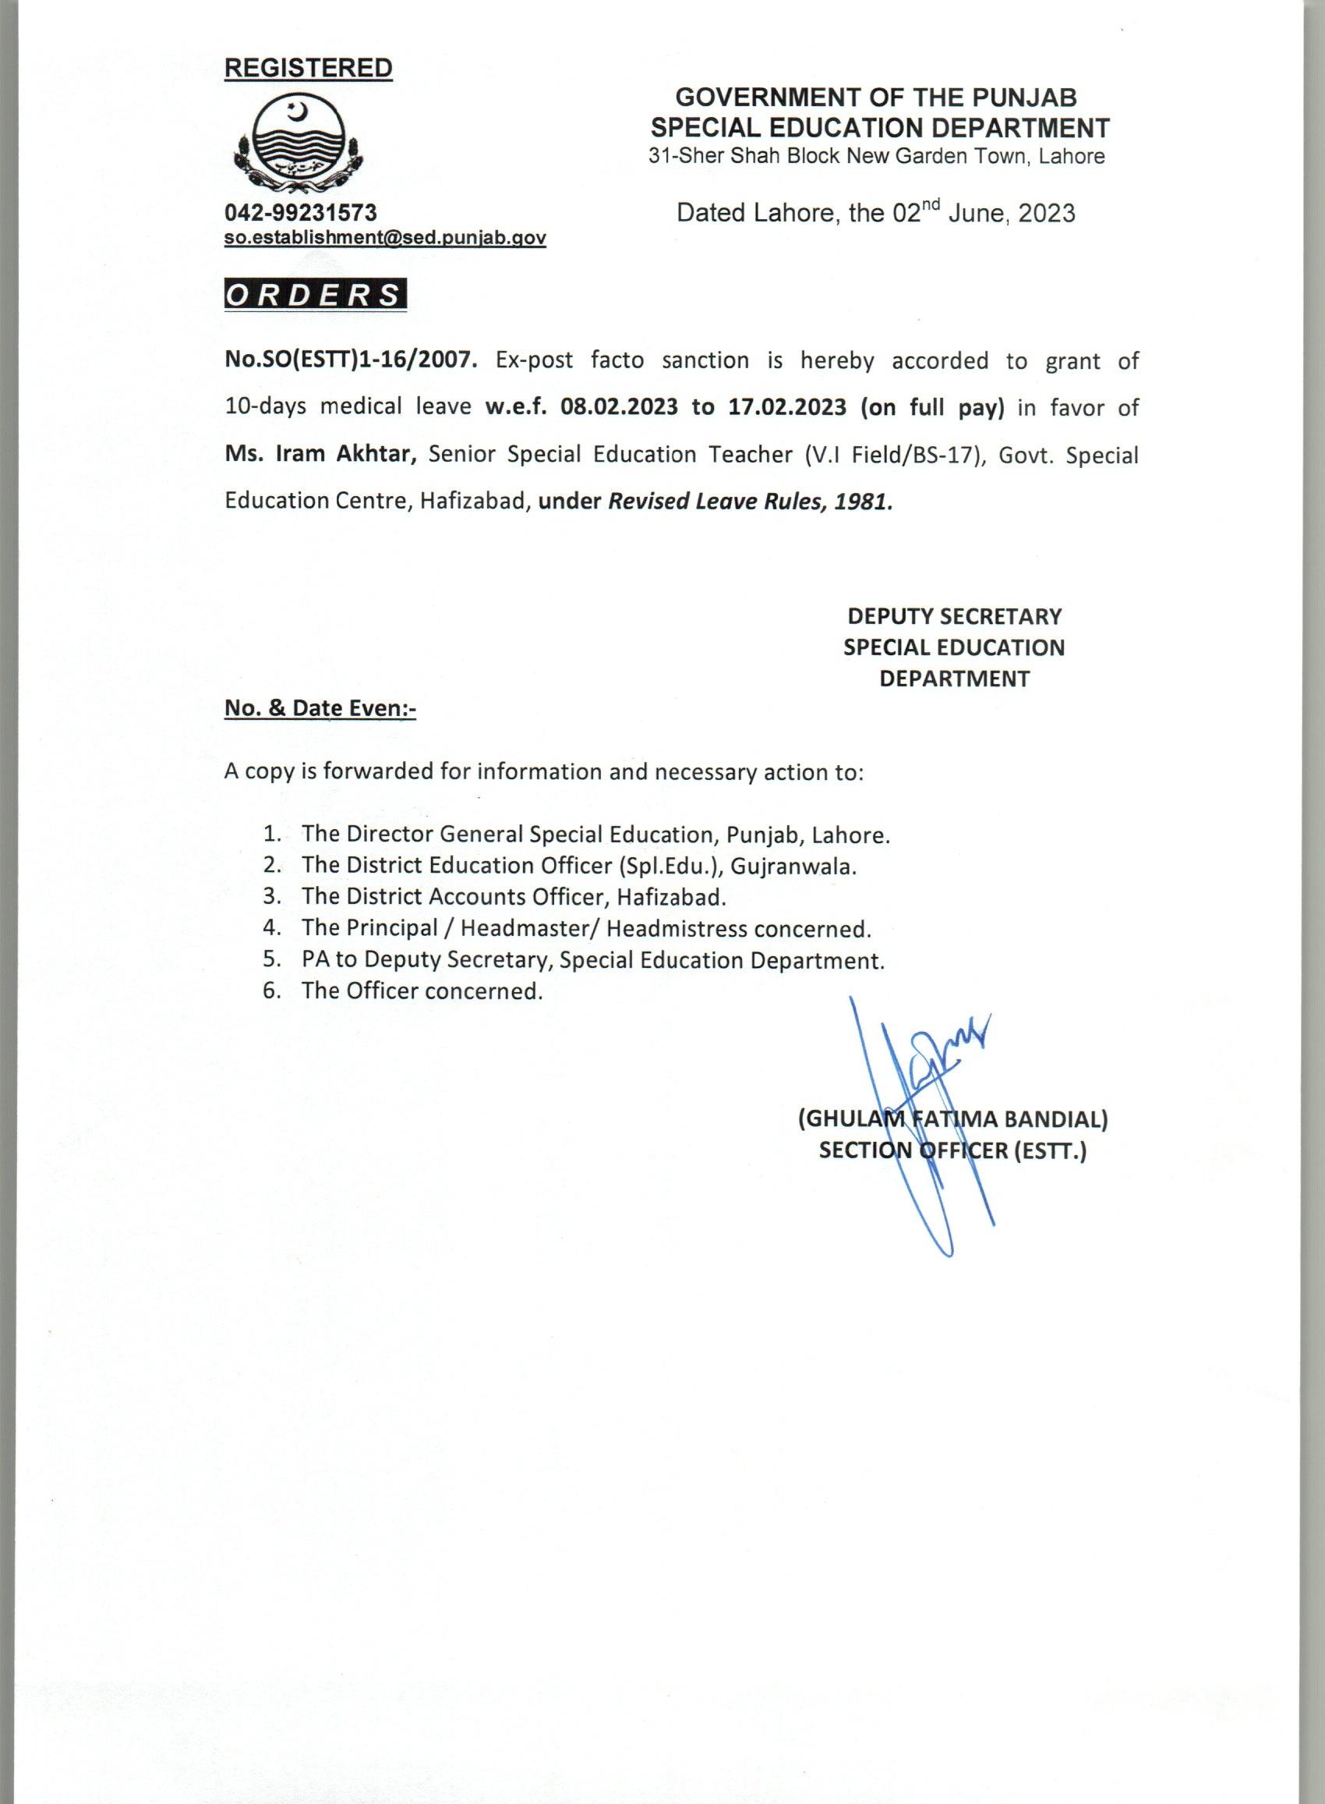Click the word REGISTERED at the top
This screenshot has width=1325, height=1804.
(308, 68)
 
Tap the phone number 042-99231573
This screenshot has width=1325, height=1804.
(301, 212)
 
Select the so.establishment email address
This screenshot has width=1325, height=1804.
(385, 238)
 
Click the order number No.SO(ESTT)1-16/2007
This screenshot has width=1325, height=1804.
(352, 360)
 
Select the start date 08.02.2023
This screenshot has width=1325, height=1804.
(618, 407)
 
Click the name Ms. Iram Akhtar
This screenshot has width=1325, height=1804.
(320, 453)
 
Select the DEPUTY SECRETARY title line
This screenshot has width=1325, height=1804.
(955, 616)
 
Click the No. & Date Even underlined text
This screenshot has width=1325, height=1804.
(320, 709)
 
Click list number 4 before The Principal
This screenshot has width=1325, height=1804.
(270, 928)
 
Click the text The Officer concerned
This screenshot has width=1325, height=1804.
(422, 991)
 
